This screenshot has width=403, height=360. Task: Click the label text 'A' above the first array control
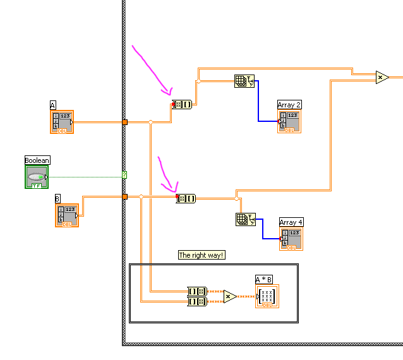53,105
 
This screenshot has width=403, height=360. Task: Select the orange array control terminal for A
62,122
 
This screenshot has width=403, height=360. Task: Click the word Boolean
37,160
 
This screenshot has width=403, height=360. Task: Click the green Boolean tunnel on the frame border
124,175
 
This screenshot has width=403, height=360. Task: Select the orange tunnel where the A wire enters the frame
125,122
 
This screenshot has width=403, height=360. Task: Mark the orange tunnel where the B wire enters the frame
124,197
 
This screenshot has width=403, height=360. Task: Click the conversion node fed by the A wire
183,104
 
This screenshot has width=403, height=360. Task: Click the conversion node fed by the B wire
186,198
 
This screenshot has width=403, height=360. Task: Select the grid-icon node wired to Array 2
244,81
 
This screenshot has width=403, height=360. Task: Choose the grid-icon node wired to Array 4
244,219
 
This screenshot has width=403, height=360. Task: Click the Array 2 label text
289,104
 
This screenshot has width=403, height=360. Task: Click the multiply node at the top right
382,77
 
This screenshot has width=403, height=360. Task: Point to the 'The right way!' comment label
201,255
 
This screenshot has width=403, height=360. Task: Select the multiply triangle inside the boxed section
230,296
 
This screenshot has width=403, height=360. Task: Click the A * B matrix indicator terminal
267,296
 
